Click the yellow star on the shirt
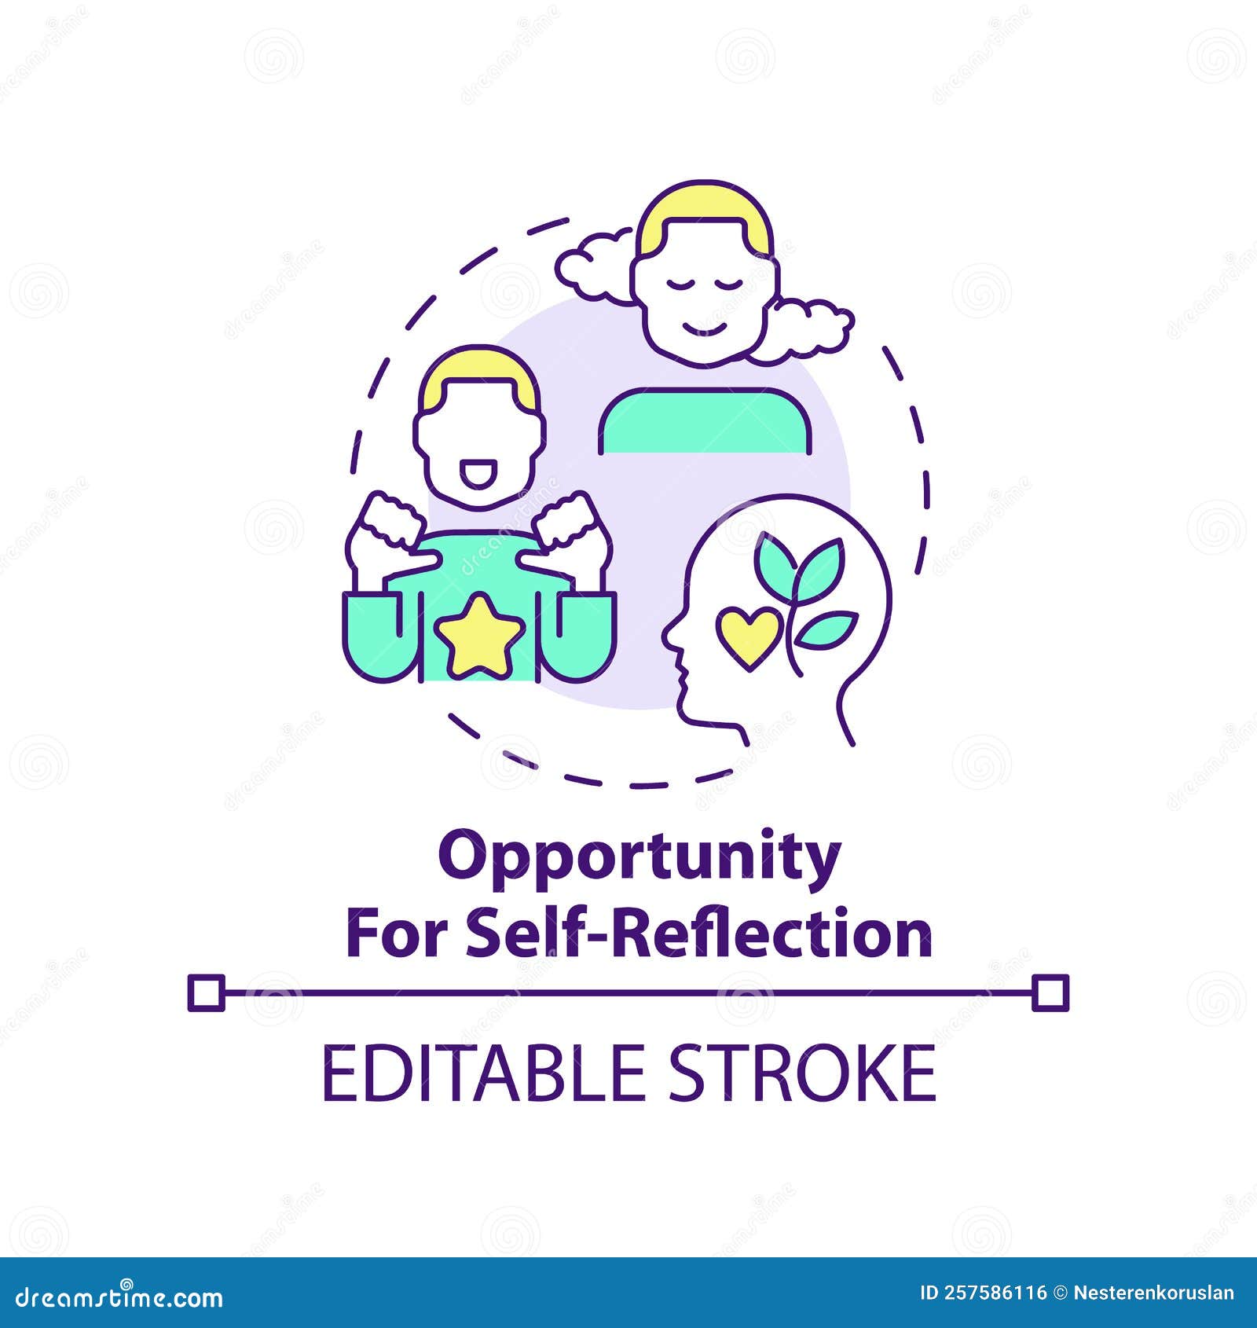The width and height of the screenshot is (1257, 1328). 479,635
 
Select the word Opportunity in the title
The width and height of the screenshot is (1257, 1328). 639,857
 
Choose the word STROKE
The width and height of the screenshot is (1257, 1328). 801,1073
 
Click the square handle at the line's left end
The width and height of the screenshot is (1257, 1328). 207,992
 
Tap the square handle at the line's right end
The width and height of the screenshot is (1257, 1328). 1050,992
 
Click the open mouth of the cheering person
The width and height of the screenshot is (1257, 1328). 478,474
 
